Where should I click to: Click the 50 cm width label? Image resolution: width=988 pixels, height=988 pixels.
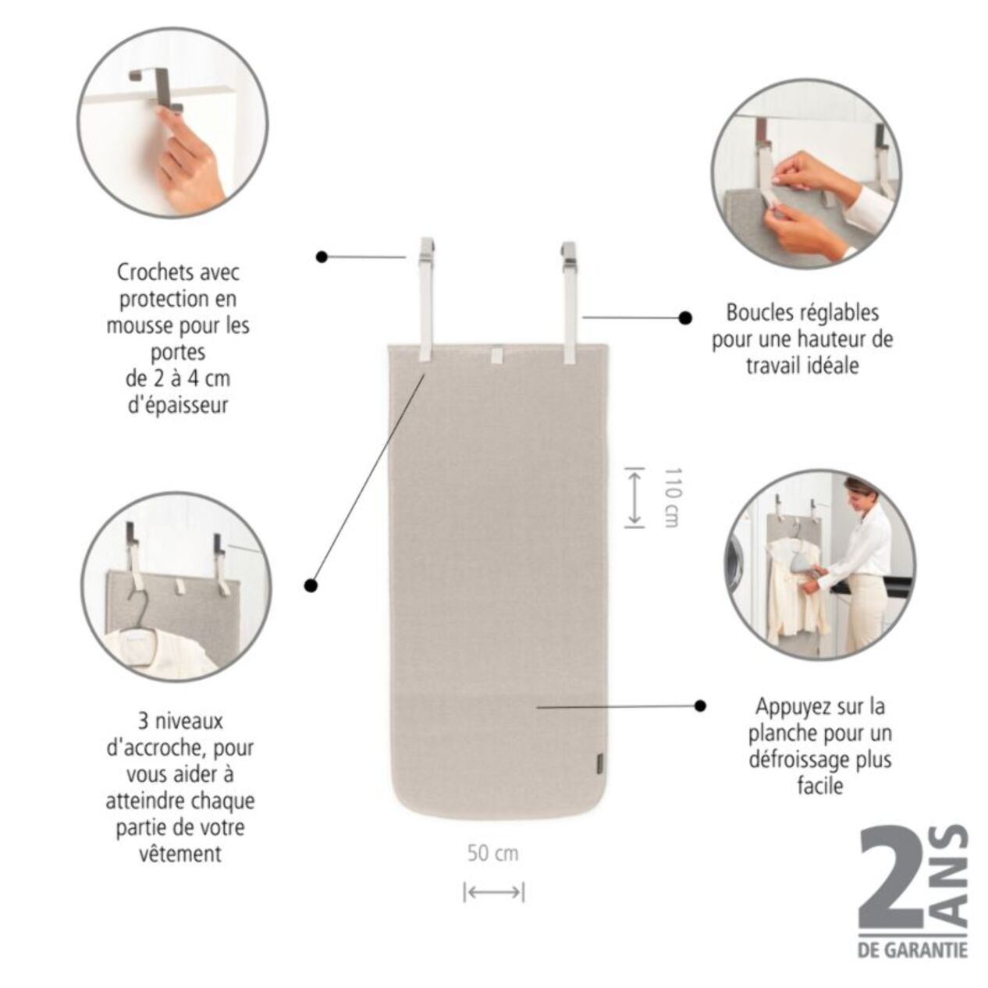[x=492, y=853]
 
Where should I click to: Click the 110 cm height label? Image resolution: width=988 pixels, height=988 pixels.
[x=671, y=498]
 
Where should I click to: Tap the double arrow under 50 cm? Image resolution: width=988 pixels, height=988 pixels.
[x=493, y=892]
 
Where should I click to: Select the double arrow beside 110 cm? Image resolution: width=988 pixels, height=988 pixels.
[x=634, y=497]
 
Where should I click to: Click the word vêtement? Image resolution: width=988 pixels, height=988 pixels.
[x=179, y=854]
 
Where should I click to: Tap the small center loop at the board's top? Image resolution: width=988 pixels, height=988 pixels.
[x=497, y=357]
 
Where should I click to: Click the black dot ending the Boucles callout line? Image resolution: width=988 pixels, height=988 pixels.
[x=685, y=318]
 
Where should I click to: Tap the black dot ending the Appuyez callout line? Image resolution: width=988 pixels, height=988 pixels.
[x=700, y=705]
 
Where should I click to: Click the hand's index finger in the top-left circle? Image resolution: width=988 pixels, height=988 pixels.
[x=166, y=117]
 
